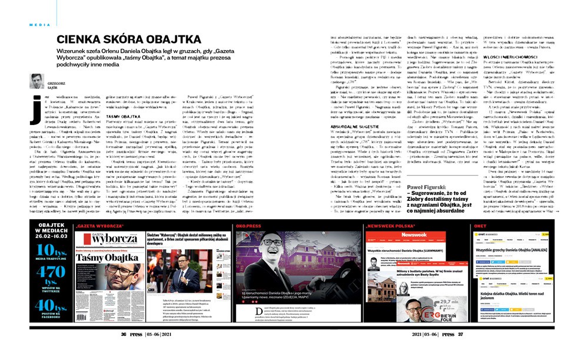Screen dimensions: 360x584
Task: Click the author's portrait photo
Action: (x=36, y=81)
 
